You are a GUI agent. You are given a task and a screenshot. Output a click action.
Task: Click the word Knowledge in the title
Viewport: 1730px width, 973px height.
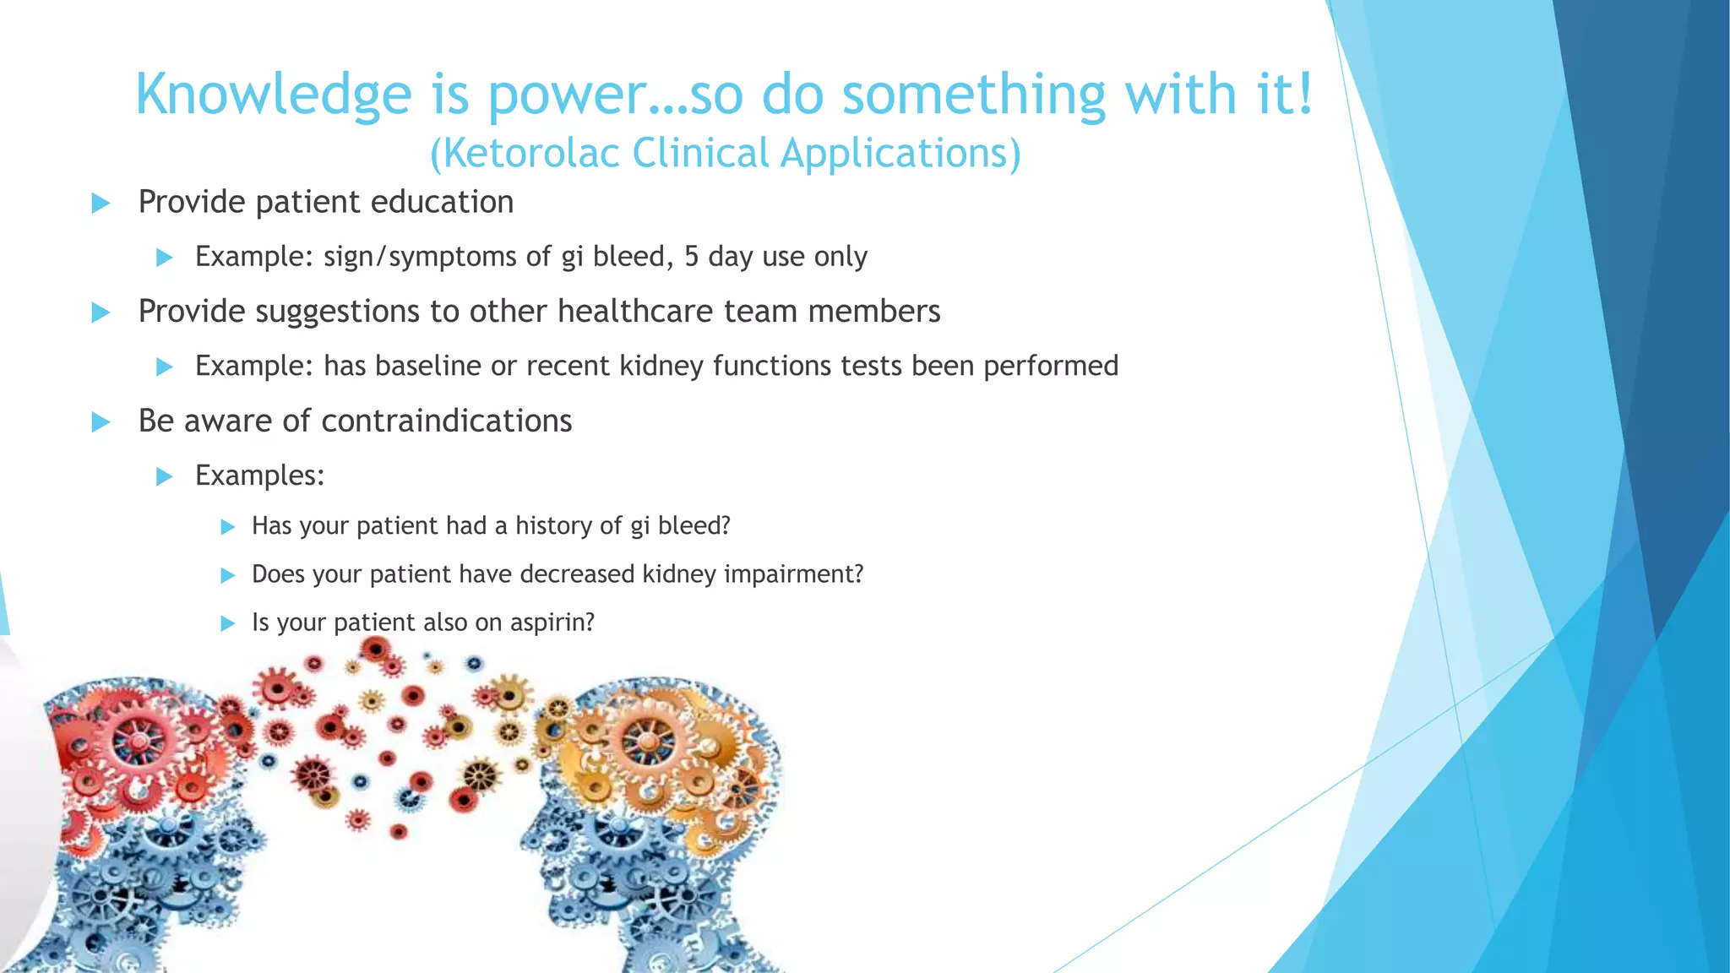pyautogui.click(x=273, y=95)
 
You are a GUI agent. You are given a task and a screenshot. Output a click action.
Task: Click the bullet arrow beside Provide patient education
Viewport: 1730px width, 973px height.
pyautogui.click(x=101, y=203)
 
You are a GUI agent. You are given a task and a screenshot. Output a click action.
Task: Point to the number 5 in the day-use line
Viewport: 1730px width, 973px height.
pyautogui.click(x=691, y=256)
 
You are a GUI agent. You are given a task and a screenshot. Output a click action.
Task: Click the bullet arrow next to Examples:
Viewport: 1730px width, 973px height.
pyautogui.click(x=165, y=476)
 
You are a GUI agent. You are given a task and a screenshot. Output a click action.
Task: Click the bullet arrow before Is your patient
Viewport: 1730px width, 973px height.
pyautogui.click(x=227, y=623)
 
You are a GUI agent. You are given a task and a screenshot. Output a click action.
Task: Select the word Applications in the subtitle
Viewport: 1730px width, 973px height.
pyautogui.click(x=900, y=154)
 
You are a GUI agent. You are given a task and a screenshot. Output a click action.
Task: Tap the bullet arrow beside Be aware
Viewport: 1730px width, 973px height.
pyautogui.click(x=101, y=421)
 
